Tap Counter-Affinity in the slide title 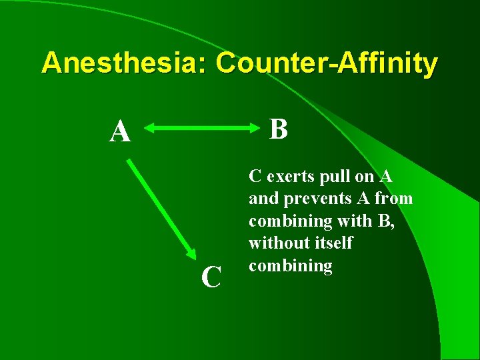click(x=327, y=63)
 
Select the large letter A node click(x=121, y=132)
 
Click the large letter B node click(x=279, y=129)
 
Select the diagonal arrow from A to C click(x=160, y=207)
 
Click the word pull click(x=324, y=177)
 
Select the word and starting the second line click(x=260, y=199)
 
